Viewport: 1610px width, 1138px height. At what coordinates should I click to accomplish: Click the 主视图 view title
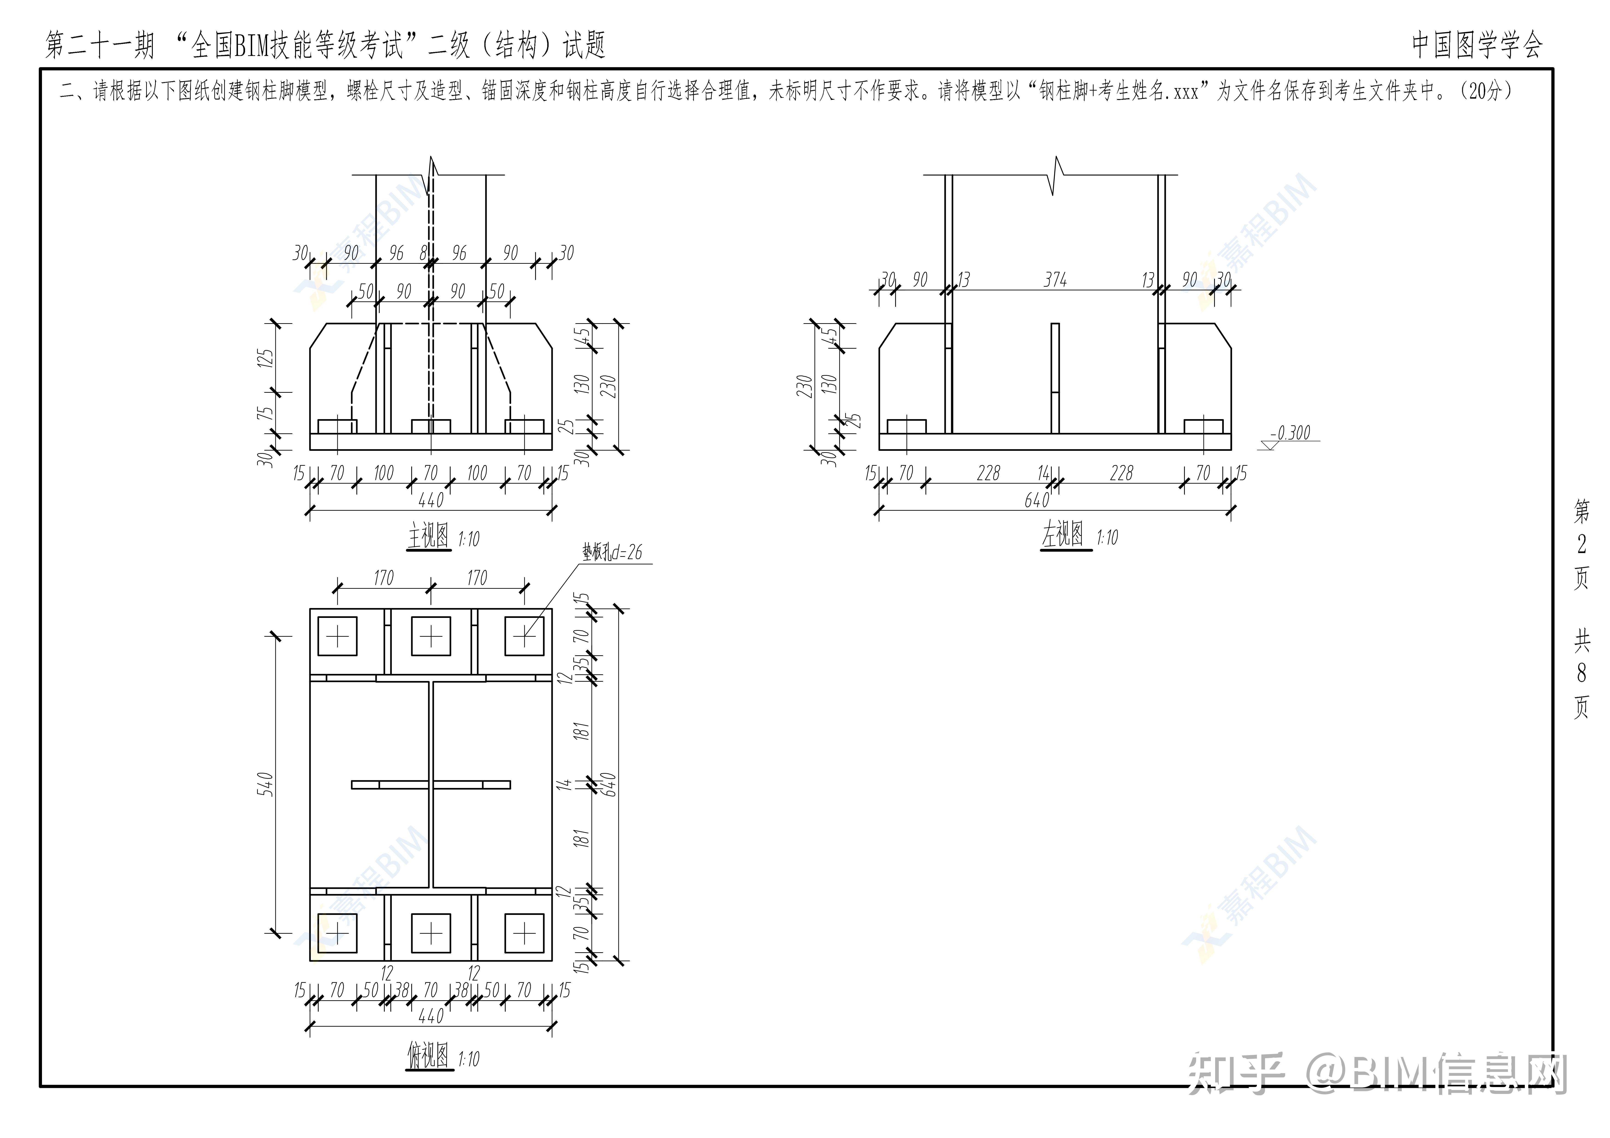click(428, 537)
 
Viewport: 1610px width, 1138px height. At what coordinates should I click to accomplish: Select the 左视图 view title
click(1063, 536)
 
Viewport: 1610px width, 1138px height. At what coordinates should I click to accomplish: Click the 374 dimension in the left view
click(1055, 280)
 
